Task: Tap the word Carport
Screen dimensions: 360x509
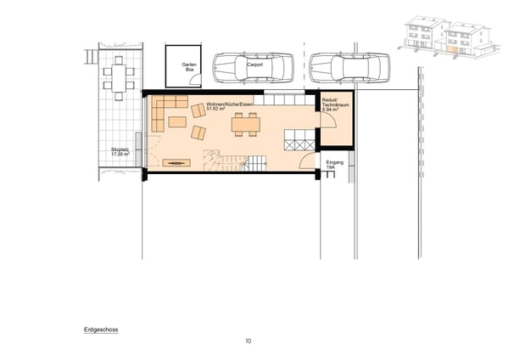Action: (x=254, y=63)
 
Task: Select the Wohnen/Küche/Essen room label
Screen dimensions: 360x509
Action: (x=230, y=104)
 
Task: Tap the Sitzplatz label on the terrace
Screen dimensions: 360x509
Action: (x=120, y=149)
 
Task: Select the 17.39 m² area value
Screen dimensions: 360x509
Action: (x=120, y=155)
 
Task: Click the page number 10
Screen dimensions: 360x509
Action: (x=248, y=340)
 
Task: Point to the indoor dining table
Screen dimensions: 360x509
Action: (x=246, y=124)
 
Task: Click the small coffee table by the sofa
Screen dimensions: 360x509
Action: (x=176, y=122)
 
